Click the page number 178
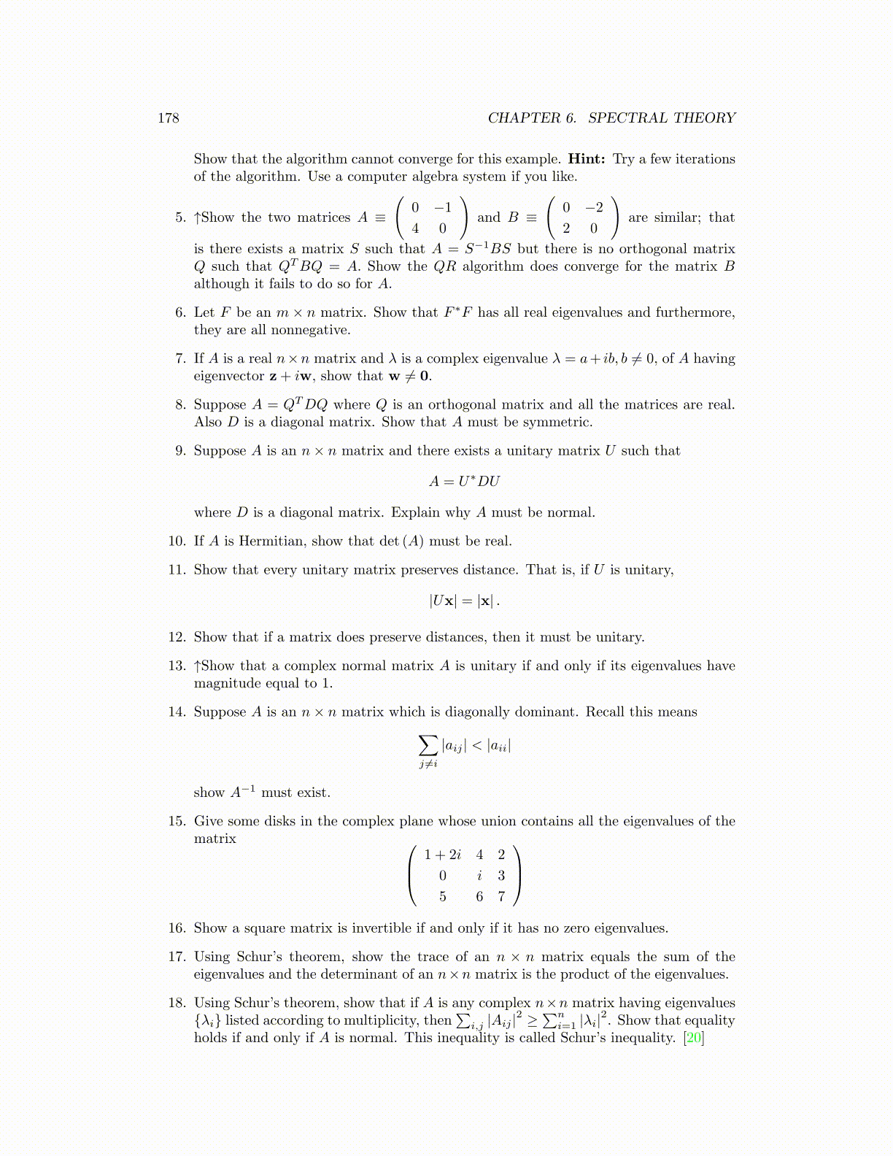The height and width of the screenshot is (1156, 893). click(169, 118)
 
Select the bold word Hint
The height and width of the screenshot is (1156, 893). click(587, 159)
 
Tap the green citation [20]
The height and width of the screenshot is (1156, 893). click(693, 1038)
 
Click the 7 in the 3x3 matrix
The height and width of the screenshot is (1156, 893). click(501, 896)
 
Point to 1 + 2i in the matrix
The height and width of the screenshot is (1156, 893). click(443, 855)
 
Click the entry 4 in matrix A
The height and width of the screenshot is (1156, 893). click(415, 228)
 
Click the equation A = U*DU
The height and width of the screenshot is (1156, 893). click(465, 482)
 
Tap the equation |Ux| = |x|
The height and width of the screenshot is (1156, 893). click(464, 601)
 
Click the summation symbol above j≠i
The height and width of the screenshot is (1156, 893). click(428, 745)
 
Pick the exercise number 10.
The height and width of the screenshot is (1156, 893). click(177, 542)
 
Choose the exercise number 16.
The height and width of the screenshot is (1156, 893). click(177, 928)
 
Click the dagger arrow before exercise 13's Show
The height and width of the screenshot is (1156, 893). click(197, 666)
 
